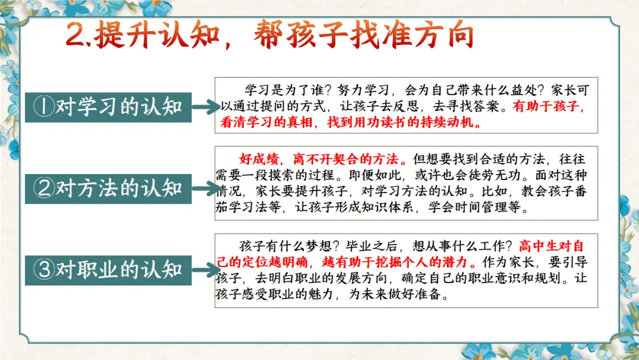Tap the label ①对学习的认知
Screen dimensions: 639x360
pos(108,107)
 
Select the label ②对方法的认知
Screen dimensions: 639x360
pos(108,189)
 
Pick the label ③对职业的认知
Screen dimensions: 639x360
pos(108,270)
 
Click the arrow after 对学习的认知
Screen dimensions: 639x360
pos(206,107)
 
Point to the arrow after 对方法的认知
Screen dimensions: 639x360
pos(206,188)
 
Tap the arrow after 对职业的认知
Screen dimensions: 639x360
pos(206,270)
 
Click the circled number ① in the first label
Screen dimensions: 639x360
pos(44,107)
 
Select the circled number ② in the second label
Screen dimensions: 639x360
pos(44,188)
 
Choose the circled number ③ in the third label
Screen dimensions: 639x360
pos(44,270)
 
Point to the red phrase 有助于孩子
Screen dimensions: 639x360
pos(546,106)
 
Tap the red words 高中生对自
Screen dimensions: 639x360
pos(551,246)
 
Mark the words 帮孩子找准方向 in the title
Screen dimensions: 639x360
pos(364,35)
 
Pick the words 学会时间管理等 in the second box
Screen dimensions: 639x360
pos(474,207)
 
